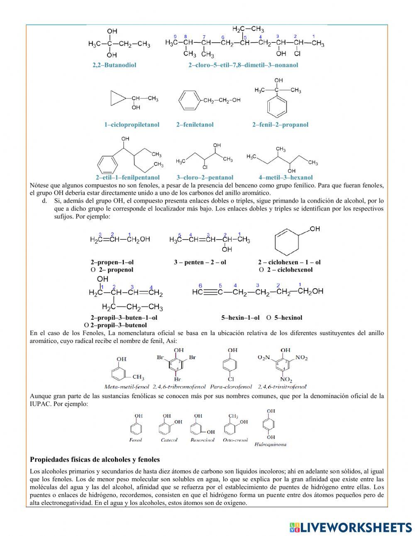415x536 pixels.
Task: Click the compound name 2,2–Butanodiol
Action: [x=114, y=65]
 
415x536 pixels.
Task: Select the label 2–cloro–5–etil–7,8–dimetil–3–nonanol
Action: [x=243, y=65]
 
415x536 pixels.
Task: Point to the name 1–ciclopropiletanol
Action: [x=132, y=125]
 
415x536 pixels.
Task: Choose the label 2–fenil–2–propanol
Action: [x=280, y=125]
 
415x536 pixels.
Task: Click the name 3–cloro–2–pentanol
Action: [x=205, y=177]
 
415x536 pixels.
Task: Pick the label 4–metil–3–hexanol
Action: [x=286, y=177]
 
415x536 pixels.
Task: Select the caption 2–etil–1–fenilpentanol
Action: [x=128, y=177]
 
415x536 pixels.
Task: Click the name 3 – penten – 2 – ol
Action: [x=200, y=262]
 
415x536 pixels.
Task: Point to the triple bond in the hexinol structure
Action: [x=210, y=292]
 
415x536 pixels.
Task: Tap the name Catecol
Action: [x=169, y=440]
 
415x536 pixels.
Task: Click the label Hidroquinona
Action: [x=270, y=444]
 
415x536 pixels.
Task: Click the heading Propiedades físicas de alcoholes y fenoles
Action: [x=95, y=460]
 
